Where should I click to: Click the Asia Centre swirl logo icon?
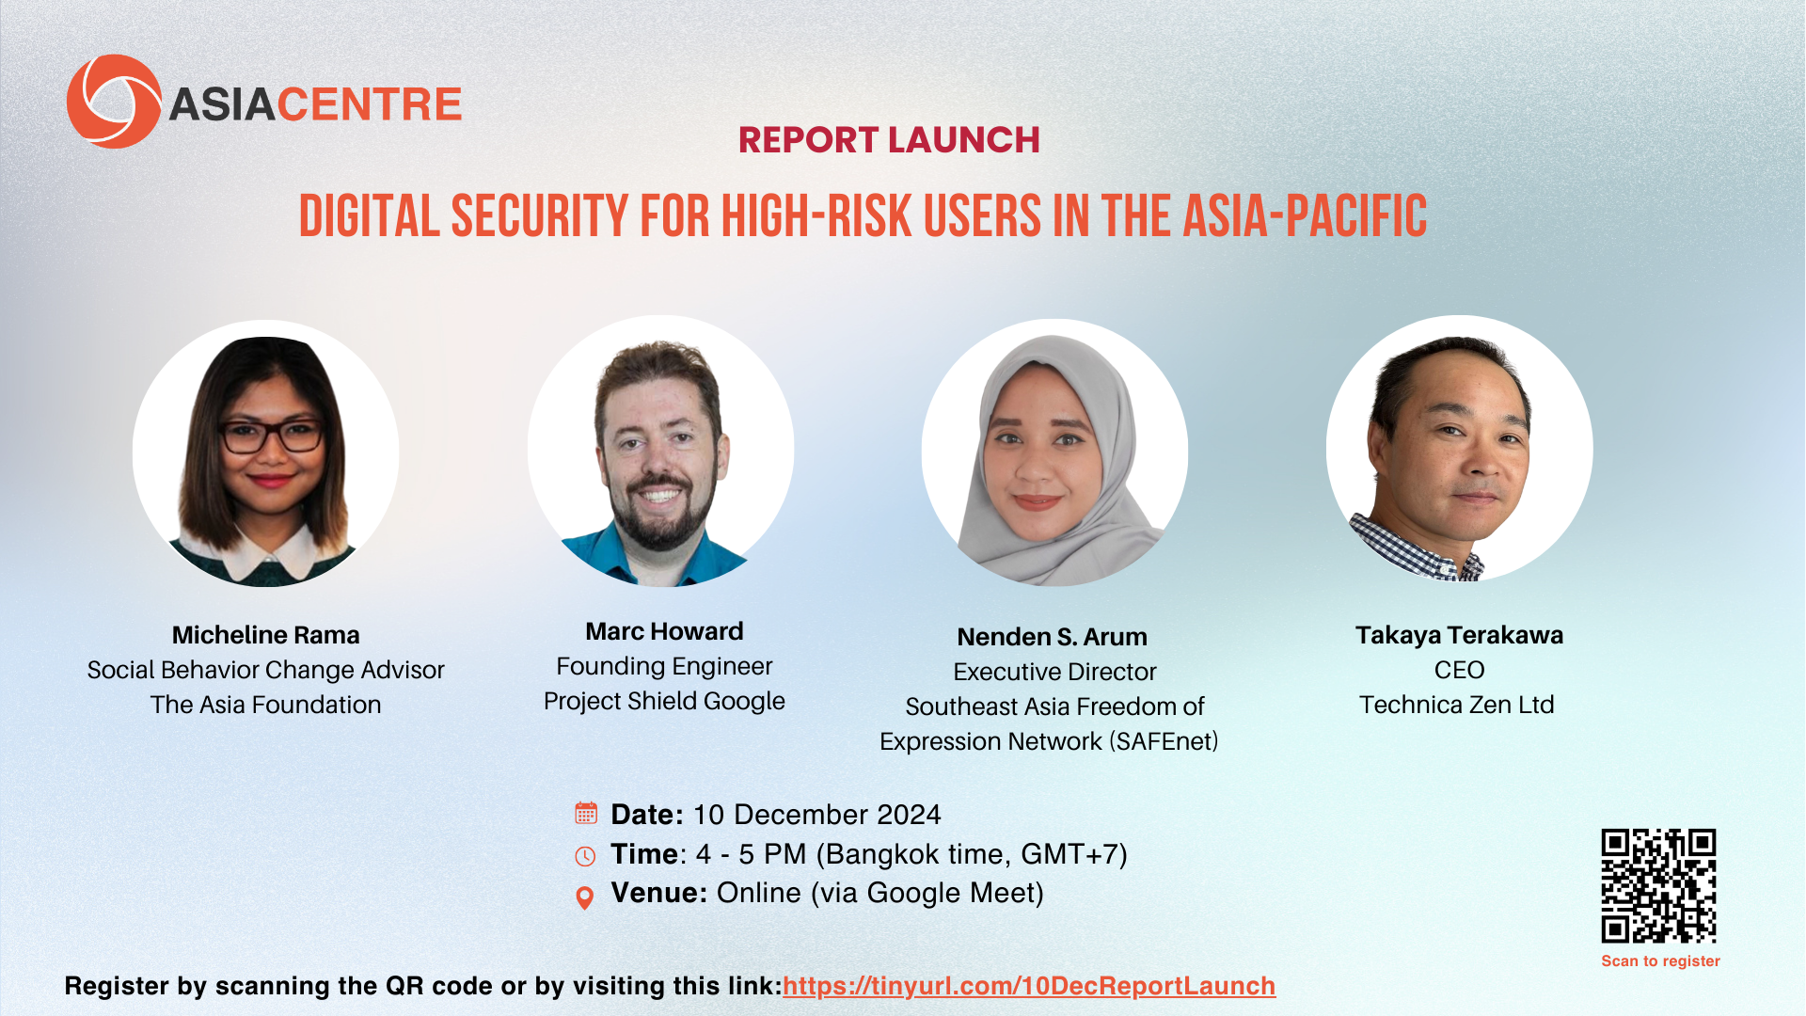(114, 102)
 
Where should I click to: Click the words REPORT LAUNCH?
(889, 140)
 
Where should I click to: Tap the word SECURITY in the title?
(540, 216)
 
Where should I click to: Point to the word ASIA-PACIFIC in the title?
(1305, 216)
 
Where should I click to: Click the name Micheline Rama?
(265, 635)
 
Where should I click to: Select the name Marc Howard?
(664, 631)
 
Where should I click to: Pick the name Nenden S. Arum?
(1052, 637)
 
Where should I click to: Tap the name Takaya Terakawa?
(1459, 635)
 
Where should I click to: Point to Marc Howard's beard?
(659, 513)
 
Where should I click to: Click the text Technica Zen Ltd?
(1457, 705)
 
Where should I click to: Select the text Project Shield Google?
(664, 702)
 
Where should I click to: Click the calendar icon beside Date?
(586, 813)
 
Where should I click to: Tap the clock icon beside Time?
(585, 856)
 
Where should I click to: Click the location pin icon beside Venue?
(584, 898)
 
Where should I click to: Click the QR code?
(1658, 885)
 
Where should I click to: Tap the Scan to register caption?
(1660, 960)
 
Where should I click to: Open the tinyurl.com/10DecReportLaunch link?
(1029, 986)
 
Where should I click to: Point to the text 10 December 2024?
(816, 815)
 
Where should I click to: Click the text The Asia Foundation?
(265, 705)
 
